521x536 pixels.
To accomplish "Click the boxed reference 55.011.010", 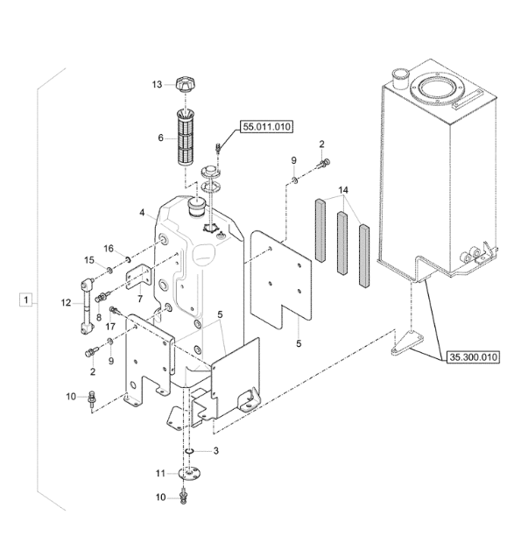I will pyautogui.click(x=265, y=127).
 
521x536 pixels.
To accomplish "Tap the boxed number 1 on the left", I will pyautogui.click(x=28, y=300).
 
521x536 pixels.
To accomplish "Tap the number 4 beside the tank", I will pyautogui.click(x=142, y=213).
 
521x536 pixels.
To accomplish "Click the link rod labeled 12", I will pyautogui.click(x=85, y=304).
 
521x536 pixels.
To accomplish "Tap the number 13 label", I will pyautogui.click(x=157, y=85).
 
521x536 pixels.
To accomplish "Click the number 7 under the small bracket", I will pyautogui.click(x=139, y=299).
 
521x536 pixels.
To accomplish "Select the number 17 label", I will pyautogui.click(x=111, y=327).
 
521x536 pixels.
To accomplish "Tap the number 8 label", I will pyautogui.click(x=99, y=317).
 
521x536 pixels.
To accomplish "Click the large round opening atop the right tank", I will pyautogui.click(x=436, y=88).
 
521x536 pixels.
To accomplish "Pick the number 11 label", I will pyautogui.click(x=160, y=473).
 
